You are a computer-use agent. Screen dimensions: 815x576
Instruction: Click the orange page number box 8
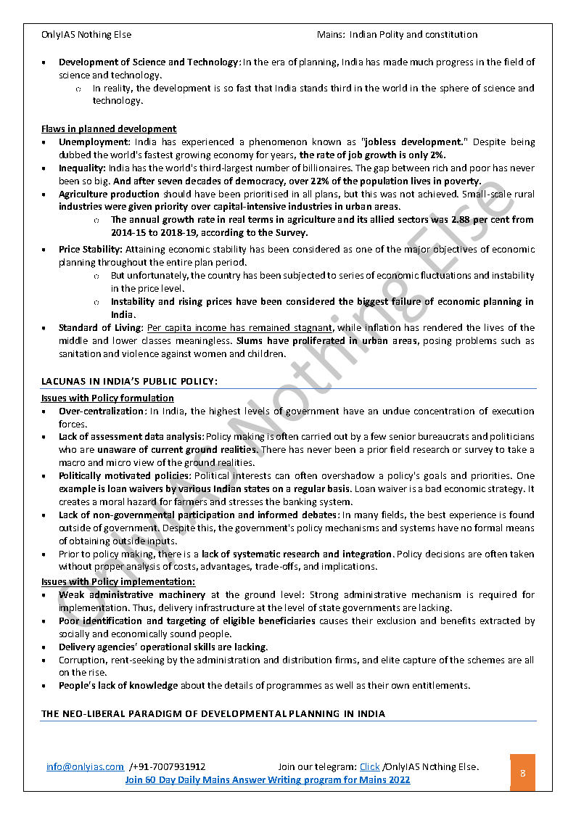(x=522, y=773)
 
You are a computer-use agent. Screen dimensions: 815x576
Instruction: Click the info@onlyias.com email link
(x=85, y=766)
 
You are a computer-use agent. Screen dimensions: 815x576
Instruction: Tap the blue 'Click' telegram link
(x=369, y=766)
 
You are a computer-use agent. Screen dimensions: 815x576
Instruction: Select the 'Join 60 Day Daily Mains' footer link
(x=268, y=779)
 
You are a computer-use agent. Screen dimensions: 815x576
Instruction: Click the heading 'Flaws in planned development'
(x=109, y=129)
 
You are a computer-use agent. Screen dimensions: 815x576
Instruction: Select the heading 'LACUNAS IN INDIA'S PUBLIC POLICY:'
(x=129, y=381)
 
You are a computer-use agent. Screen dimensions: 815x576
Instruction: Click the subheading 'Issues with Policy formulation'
(x=107, y=398)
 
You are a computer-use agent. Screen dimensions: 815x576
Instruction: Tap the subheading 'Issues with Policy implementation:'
(x=118, y=581)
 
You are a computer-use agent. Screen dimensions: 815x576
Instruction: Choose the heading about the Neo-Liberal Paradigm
(x=213, y=713)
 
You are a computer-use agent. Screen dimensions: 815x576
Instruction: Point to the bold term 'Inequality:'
(x=83, y=168)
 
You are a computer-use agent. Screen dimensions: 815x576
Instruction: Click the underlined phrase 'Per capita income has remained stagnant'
(x=240, y=327)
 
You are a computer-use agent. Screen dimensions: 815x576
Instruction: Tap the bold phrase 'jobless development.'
(x=414, y=142)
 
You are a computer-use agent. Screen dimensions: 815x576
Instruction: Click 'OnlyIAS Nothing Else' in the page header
(x=87, y=34)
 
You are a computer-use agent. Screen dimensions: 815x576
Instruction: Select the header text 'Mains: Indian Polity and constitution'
(x=397, y=34)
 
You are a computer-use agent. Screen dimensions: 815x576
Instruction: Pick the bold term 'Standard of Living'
(x=99, y=327)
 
